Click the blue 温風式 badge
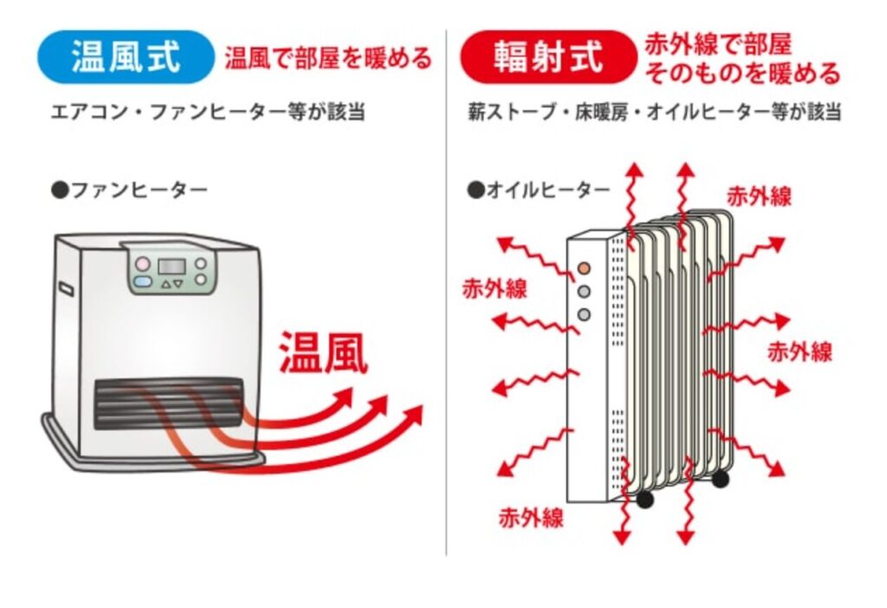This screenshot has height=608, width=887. click(x=126, y=57)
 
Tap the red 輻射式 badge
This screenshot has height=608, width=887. click(x=548, y=57)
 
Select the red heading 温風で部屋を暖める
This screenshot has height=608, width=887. click(x=327, y=58)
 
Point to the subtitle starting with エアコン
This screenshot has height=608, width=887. click(x=207, y=113)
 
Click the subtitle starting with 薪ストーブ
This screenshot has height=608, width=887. click(x=654, y=113)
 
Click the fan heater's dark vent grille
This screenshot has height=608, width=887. click(x=168, y=402)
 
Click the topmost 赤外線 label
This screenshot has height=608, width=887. click(x=759, y=196)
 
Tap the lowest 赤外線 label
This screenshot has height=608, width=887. click(x=531, y=518)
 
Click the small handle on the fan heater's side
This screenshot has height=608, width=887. click(x=65, y=287)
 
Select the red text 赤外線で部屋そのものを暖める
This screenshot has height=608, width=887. click(x=741, y=59)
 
